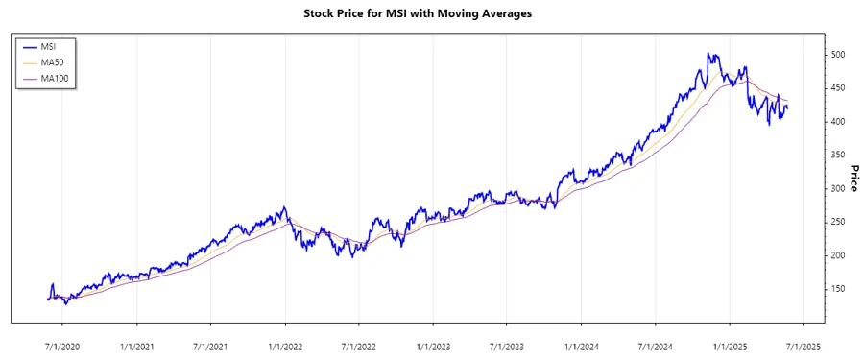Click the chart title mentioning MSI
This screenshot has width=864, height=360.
431,13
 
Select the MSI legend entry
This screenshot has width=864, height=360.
47,46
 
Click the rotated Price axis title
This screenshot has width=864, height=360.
853,177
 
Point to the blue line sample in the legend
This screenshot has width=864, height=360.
29,46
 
